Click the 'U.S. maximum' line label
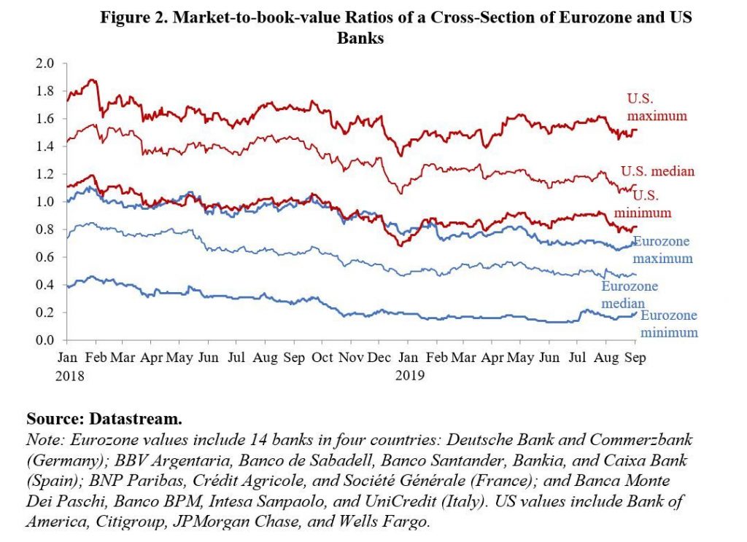pos(657,107)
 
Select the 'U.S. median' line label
pos(657,172)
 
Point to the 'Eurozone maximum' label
pos(662,250)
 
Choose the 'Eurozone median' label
pos(630,294)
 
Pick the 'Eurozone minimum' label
pos(669,323)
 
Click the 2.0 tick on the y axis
pos(45,63)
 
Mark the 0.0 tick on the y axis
pos(45,340)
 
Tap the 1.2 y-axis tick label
pos(45,174)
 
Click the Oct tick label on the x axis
pos(322,358)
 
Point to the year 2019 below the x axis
pos(409,376)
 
